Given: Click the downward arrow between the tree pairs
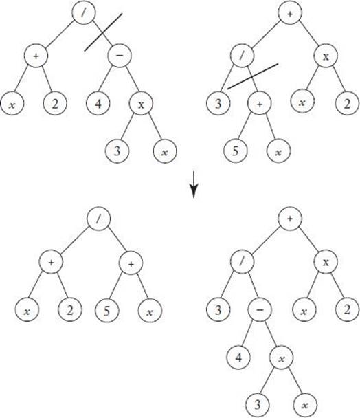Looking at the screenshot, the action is [x=194, y=185].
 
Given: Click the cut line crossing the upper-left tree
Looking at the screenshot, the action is [x=103, y=32].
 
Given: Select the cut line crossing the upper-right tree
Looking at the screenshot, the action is [x=253, y=76].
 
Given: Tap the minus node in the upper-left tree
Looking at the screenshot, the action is [x=120, y=56].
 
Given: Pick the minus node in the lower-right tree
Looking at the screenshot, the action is [x=260, y=310].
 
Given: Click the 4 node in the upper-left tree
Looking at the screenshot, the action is [x=98, y=103].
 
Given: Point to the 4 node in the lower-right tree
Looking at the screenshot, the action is [x=239, y=357].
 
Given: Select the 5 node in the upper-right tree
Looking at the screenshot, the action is [x=235, y=151].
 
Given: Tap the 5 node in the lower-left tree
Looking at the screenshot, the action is [x=107, y=311].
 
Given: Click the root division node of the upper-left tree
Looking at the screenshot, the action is [x=84, y=12].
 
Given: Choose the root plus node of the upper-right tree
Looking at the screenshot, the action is [x=290, y=13].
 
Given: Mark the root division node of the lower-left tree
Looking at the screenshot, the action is [x=99, y=219].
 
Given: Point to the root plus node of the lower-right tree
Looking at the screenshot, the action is [x=290, y=219].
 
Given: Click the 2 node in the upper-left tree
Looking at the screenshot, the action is [x=55, y=103].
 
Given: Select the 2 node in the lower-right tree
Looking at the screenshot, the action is [x=347, y=310].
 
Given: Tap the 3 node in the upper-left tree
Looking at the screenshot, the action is [x=117, y=151].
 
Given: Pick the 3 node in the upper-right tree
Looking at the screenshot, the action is [x=218, y=103].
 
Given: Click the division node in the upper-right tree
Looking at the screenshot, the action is [x=243, y=56].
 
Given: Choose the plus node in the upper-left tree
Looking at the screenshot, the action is [x=36, y=56].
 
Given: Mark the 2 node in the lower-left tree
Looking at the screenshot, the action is [x=70, y=311].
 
